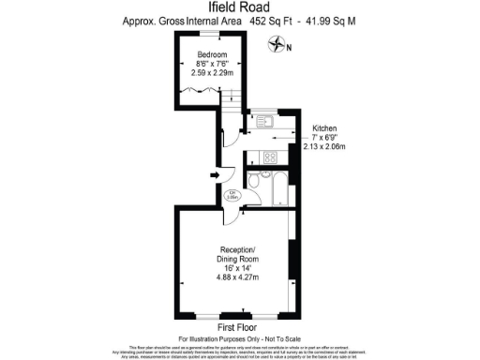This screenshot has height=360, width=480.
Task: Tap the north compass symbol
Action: pos(277,42)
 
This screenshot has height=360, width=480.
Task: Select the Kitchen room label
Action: pos(324,128)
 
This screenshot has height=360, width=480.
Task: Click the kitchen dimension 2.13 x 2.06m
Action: pos(324,146)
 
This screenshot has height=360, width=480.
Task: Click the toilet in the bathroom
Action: pos(257,181)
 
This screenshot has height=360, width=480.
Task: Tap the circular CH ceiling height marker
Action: pos(232,196)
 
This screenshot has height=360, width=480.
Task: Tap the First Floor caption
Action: pos(239,327)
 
